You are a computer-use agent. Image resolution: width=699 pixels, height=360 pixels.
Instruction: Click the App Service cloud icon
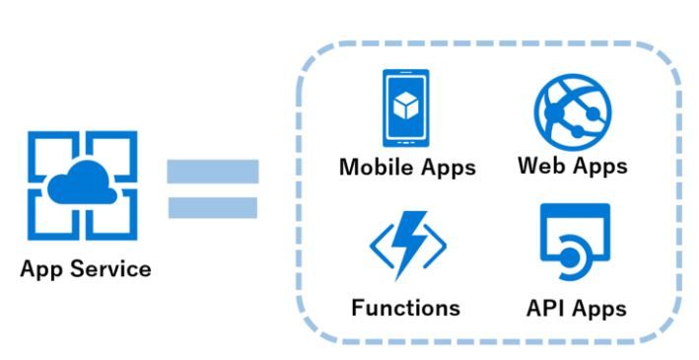coord(82,185)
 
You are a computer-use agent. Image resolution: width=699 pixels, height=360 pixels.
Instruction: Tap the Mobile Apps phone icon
coord(405,108)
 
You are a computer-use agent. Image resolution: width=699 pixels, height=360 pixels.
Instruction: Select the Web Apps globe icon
coord(573,111)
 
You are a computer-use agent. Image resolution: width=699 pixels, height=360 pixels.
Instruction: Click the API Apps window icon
coord(575,242)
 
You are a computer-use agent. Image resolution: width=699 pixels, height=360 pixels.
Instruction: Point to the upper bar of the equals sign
coord(213,172)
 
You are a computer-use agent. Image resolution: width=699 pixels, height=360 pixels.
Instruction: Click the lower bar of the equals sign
coord(213,207)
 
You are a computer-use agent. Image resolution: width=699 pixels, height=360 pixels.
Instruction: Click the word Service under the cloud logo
coord(111,269)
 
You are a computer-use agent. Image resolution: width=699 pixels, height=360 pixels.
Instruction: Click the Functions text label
coord(405,308)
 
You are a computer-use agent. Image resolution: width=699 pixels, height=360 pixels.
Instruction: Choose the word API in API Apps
coord(546,308)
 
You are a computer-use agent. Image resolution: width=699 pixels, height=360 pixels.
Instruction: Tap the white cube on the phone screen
coord(405,106)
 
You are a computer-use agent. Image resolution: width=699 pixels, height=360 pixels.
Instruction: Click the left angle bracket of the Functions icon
coord(379,246)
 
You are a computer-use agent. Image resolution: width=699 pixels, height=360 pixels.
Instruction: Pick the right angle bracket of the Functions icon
coord(436,246)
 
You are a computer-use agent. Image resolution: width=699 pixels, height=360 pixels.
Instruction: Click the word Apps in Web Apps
coord(600,167)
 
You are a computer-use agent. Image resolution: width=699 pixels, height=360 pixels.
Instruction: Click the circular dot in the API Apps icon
coord(569,257)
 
